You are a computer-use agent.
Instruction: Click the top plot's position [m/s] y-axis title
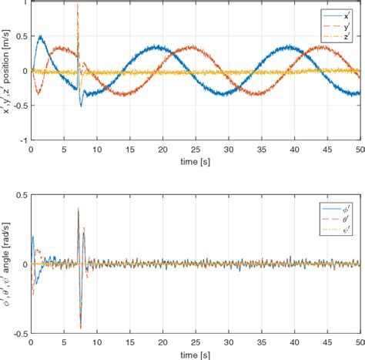[7, 71]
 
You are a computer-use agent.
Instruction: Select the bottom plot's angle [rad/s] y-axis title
[7, 263]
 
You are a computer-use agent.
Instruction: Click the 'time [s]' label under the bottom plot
[195, 354]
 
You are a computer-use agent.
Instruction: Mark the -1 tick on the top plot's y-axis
[23, 140]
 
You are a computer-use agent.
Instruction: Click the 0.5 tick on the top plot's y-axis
[21, 36]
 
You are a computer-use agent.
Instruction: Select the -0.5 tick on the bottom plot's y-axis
[19, 334]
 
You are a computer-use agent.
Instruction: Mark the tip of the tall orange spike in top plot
[78, 5]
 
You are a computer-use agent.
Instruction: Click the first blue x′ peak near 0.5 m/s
[40, 35]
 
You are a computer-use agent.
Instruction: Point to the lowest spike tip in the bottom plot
[80, 328]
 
